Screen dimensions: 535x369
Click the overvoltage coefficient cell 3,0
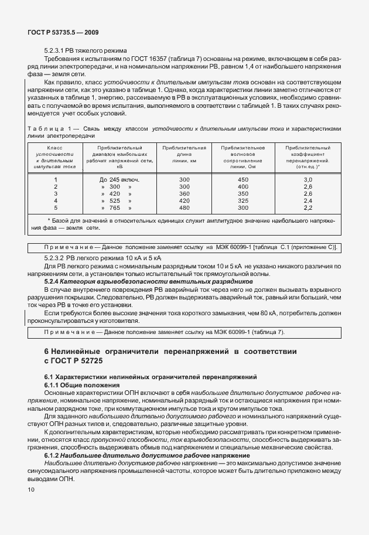point(308,179)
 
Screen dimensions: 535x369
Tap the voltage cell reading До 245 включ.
point(119,179)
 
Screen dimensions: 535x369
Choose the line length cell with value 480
point(184,207)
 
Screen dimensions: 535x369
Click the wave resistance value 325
point(242,200)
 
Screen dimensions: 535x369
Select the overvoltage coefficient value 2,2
point(308,207)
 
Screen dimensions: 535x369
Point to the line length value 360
point(184,193)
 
